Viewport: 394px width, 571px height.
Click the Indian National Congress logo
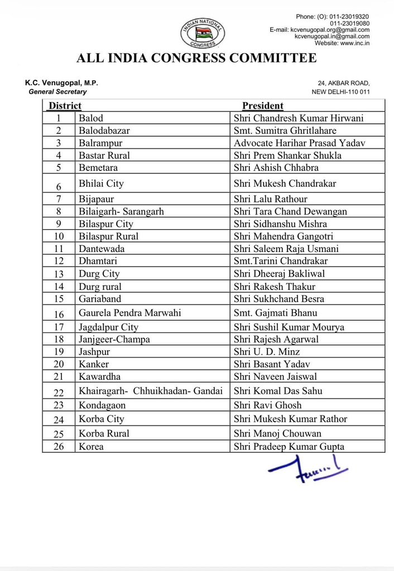click(x=202, y=33)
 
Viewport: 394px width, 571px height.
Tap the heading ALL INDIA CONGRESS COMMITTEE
click(x=197, y=58)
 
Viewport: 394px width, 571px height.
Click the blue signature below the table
click(x=307, y=467)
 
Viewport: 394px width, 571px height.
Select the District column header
click(x=65, y=105)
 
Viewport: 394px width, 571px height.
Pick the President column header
click(x=262, y=105)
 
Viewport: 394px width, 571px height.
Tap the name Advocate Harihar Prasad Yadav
click(x=299, y=143)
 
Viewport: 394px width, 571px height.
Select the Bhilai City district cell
click(x=101, y=183)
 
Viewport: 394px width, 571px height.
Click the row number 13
click(x=59, y=274)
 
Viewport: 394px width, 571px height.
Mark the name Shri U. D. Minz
click(x=267, y=352)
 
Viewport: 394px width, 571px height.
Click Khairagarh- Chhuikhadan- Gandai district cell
click(x=151, y=391)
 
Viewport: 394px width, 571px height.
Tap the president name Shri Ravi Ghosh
click(x=267, y=405)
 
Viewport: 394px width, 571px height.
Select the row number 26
click(x=59, y=447)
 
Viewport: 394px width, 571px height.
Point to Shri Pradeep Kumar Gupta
click(x=289, y=447)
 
